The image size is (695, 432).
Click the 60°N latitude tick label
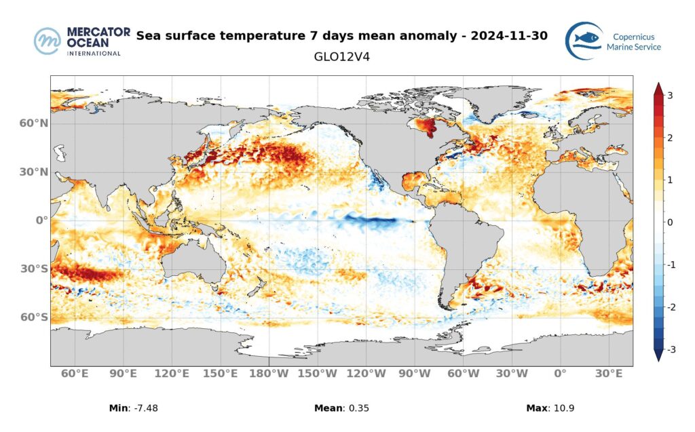pyautogui.click(x=34, y=123)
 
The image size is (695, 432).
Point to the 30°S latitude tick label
pyautogui.click(x=34, y=269)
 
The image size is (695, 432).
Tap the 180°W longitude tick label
pyautogui.click(x=269, y=374)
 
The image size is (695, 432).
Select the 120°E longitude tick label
pyautogui.click(x=172, y=374)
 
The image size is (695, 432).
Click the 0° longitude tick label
pyautogui.click(x=560, y=374)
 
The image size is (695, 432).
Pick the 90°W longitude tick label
pyautogui.click(x=415, y=374)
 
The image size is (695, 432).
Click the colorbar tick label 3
pyautogui.click(x=670, y=96)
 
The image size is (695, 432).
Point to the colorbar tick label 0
pyautogui.click(x=670, y=222)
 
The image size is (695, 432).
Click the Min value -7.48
pyautogui.click(x=144, y=408)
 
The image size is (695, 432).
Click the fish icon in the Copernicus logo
pyautogui.click(x=584, y=39)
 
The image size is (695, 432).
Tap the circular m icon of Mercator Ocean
pyautogui.click(x=48, y=41)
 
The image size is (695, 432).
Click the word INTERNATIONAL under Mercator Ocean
pyautogui.click(x=94, y=53)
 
